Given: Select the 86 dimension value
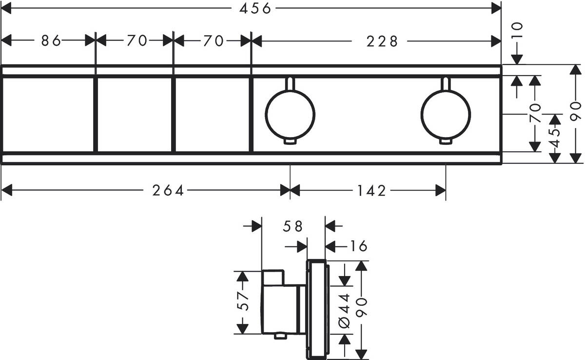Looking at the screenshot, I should (x=50, y=41).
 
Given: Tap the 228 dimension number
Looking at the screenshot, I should (x=383, y=41).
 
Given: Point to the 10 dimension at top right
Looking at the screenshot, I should (x=517, y=31).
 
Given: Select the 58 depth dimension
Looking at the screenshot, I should (x=292, y=226).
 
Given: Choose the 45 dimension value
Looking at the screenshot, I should (x=555, y=139).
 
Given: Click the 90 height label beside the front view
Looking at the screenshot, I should (x=576, y=113).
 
